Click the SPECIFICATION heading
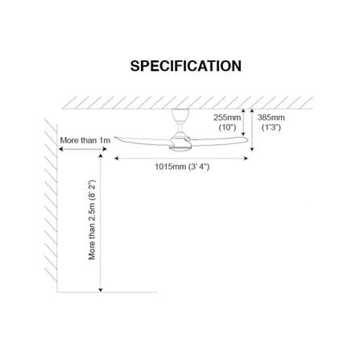(x=186, y=66)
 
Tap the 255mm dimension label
(x=227, y=118)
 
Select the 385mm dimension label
(x=271, y=118)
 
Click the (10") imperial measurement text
(x=228, y=127)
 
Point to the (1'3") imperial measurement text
(x=271, y=127)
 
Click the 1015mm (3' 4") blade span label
(x=182, y=167)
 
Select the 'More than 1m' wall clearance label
(x=85, y=140)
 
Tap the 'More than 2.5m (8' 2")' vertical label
(x=92, y=220)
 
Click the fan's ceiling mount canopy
(x=180, y=114)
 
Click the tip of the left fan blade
(x=115, y=138)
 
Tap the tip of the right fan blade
(x=246, y=139)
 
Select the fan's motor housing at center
(x=180, y=142)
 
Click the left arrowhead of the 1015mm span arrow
(x=117, y=159)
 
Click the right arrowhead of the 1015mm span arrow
(x=246, y=159)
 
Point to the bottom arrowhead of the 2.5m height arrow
(x=101, y=290)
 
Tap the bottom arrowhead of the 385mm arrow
(x=252, y=148)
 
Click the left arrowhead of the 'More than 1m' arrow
(x=60, y=149)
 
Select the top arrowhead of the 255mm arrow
(x=243, y=110)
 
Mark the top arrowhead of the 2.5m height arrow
(x=101, y=156)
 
